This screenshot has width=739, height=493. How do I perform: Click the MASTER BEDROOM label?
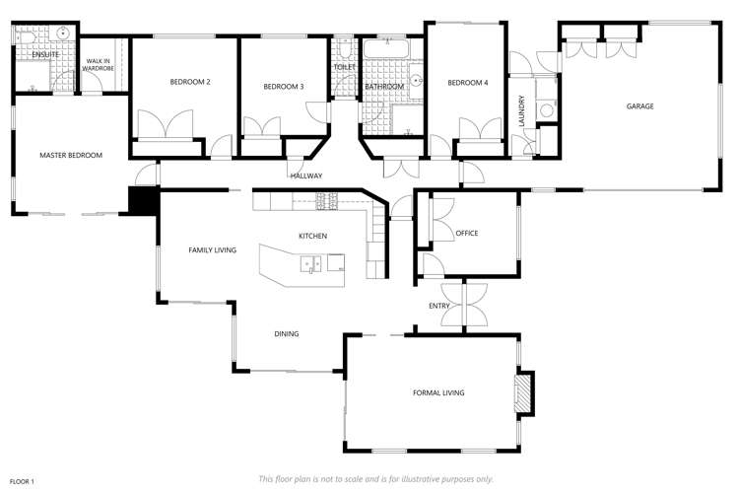71,155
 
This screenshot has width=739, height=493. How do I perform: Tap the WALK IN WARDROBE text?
101,66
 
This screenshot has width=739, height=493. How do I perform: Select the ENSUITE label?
45,54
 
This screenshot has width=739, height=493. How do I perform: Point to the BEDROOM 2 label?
190,82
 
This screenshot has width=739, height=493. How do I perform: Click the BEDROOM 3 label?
283,87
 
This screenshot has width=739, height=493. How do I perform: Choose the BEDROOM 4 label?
467,83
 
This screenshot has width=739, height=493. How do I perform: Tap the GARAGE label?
639,106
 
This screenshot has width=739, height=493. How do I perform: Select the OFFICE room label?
466,234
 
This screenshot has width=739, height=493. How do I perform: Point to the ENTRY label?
439,306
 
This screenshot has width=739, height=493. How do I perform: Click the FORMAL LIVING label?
438,393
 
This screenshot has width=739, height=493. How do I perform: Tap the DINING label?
286,334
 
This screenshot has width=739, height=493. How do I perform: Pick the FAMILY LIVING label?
212,250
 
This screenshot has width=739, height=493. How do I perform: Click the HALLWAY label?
306,176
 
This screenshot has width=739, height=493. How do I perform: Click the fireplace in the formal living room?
526,392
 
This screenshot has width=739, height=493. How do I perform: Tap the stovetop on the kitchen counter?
326,201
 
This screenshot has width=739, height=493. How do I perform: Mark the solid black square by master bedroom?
144,200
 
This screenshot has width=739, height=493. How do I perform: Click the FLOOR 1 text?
22,481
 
